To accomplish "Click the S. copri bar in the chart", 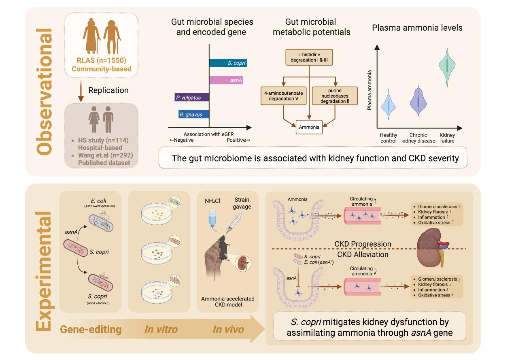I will pos(228,63).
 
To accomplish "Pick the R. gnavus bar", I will pos(193,115).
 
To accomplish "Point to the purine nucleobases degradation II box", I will pos(335,96).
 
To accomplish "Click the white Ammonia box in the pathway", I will pos(309,127).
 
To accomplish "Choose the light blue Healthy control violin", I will pos(388,106).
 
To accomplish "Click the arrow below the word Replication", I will pos(81,93).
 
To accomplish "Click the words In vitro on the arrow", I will pos(161,329).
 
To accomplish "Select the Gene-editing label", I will pos(91,329).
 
